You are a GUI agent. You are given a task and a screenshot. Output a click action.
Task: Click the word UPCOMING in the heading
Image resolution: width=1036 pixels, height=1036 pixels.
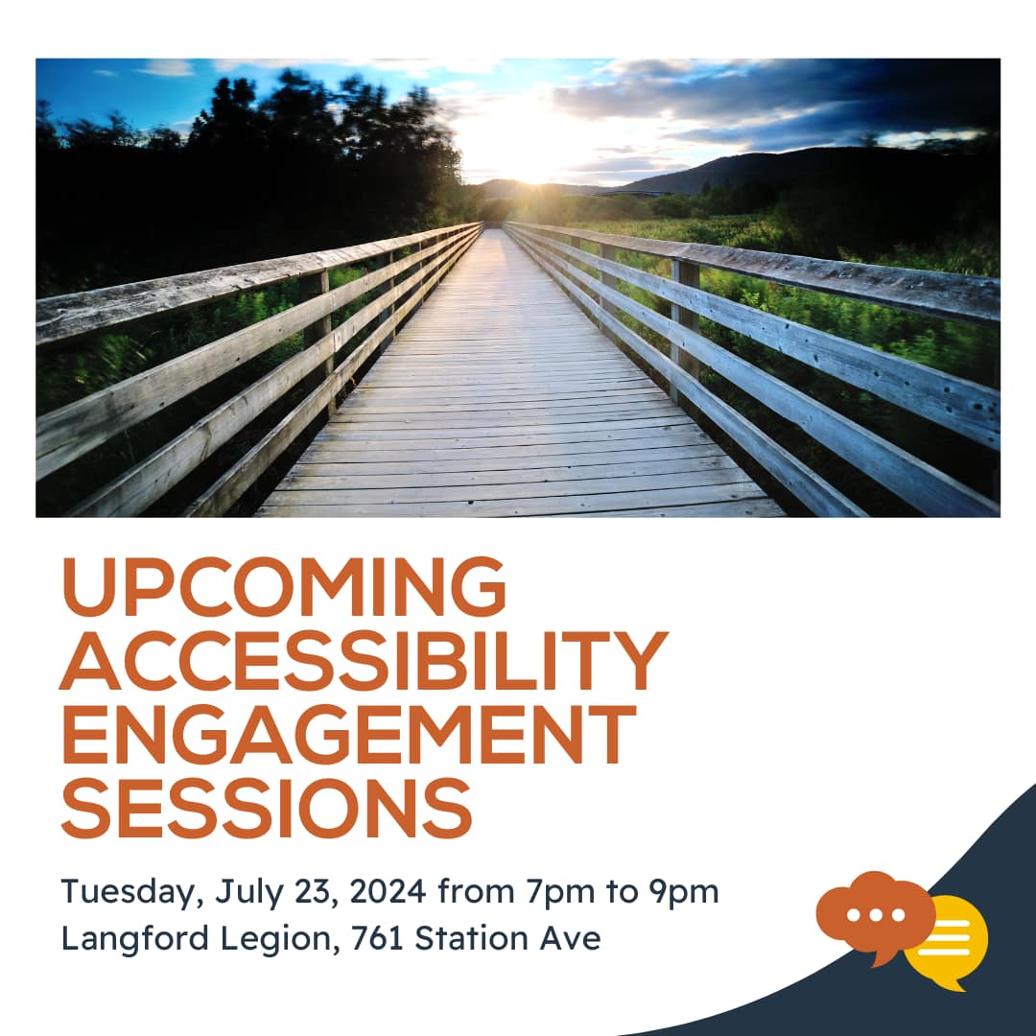283,587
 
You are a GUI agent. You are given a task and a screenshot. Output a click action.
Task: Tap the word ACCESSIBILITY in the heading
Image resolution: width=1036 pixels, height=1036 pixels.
365,660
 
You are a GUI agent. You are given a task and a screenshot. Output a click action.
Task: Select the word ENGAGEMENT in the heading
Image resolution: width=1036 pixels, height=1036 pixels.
349,734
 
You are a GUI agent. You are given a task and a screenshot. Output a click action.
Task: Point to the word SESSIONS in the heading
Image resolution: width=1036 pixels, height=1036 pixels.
267,808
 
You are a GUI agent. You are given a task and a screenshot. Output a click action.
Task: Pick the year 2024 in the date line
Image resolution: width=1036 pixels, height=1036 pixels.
388,891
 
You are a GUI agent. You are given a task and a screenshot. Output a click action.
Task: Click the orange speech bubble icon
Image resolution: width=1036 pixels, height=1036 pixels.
876,916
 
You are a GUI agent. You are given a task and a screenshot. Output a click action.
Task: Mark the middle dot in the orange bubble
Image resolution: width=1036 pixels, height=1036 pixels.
876,915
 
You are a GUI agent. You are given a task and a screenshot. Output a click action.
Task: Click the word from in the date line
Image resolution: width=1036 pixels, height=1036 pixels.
476,890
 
